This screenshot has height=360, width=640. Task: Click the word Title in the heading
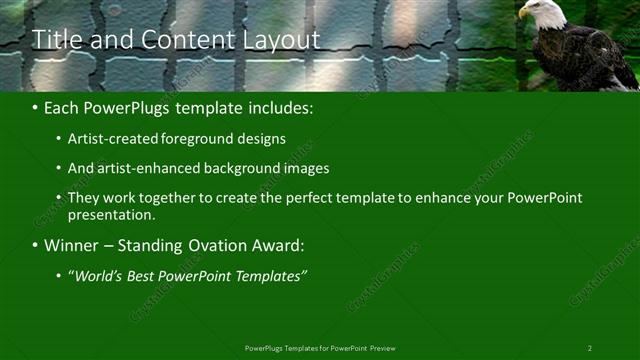point(55,40)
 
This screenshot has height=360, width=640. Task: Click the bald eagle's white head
point(531,12)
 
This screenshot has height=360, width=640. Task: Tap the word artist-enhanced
point(137,169)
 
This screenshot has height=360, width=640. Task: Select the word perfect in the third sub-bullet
point(314,198)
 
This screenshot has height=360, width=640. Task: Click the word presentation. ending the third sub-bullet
point(112,215)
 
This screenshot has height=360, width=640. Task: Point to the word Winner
point(72,245)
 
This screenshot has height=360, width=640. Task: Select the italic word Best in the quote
point(145,275)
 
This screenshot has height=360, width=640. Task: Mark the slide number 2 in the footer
point(589,348)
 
